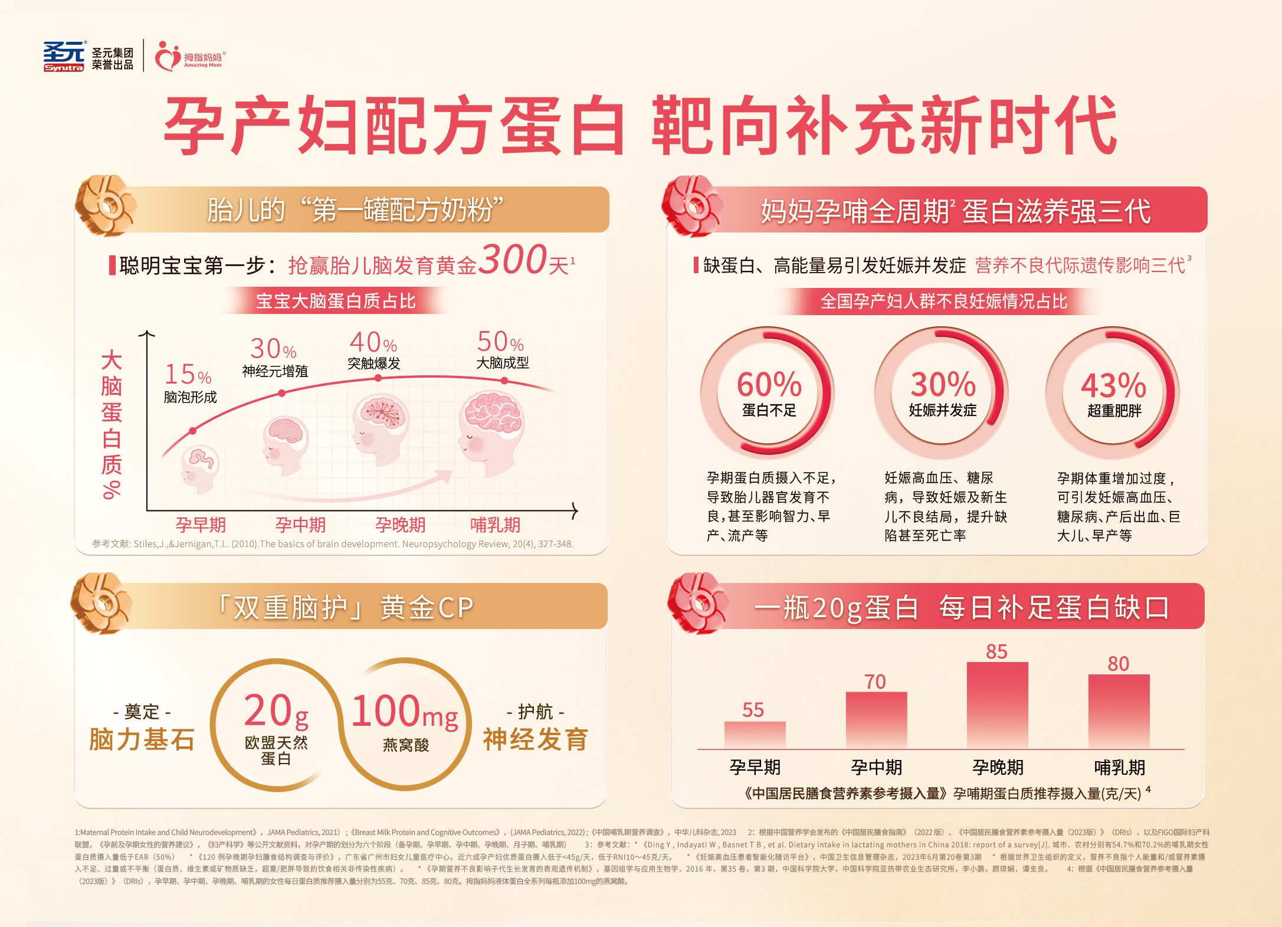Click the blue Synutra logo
[64, 57]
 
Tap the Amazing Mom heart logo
[168, 57]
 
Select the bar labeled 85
[997, 705]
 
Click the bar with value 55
[755, 735]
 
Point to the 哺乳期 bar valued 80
[1119, 711]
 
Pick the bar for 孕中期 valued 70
[876, 720]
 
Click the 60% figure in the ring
[769, 385]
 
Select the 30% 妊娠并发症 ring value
[943, 385]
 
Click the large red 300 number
[512, 260]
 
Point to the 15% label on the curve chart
[187, 374]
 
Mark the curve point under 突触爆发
[378, 378]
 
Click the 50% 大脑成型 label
[500, 342]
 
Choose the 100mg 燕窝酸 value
[405, 712]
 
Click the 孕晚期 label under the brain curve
[400, 525]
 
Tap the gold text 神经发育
[535, 739]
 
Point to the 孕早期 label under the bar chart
[755, 767]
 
